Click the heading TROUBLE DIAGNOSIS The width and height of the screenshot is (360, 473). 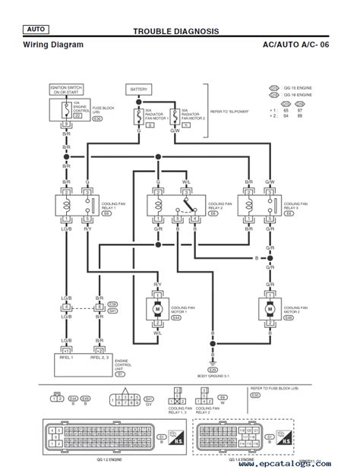176,32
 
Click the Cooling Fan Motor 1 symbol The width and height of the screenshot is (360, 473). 157,311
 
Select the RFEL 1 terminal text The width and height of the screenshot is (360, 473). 68,355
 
